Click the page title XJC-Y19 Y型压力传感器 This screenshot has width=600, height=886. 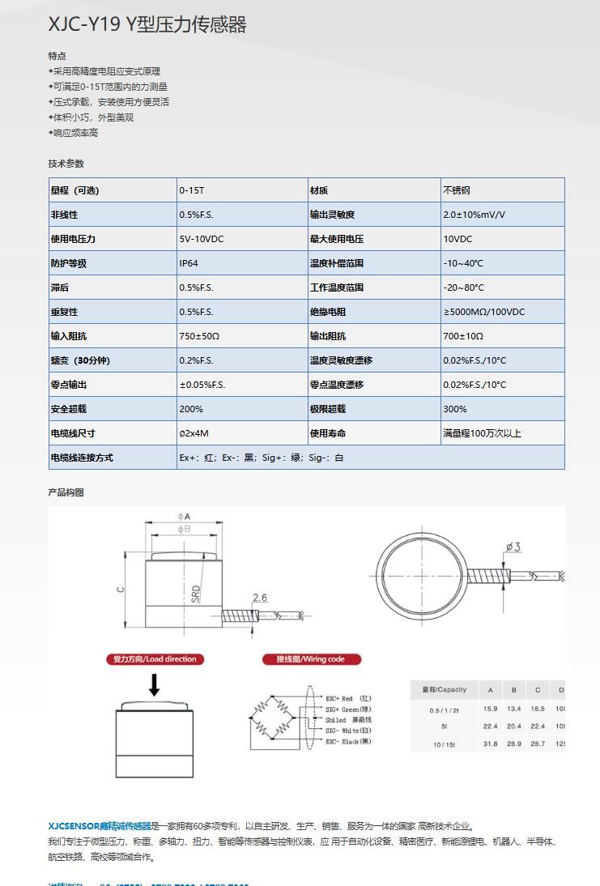click(147, 25)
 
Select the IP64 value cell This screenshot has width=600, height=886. click(189, 263)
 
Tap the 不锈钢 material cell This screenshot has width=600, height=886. click(456, 190)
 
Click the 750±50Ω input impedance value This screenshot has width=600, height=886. click(199, 336)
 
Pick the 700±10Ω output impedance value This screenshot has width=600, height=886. click(462, 336)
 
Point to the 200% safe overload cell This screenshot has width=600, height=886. click(191, 409)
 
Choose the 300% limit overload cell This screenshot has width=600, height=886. click(454, 409)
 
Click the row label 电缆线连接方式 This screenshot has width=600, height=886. click(82, 458)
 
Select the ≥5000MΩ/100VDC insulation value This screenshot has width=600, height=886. click(483, 312)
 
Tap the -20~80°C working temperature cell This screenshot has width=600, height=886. click(463, 288)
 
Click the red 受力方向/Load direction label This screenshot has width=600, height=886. click(153, 659)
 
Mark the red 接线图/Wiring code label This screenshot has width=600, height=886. click(312, 659)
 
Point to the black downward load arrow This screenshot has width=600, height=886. click(154, 685)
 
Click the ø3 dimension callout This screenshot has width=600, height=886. click(513, 547)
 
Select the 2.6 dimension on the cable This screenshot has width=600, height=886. click(259, 598)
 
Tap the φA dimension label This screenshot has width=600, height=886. click(184, 516)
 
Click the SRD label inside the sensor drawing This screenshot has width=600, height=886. click(195, 594)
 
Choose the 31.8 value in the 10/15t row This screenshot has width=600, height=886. click(490, 743)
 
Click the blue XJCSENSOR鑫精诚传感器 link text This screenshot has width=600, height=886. click(100, 826)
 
